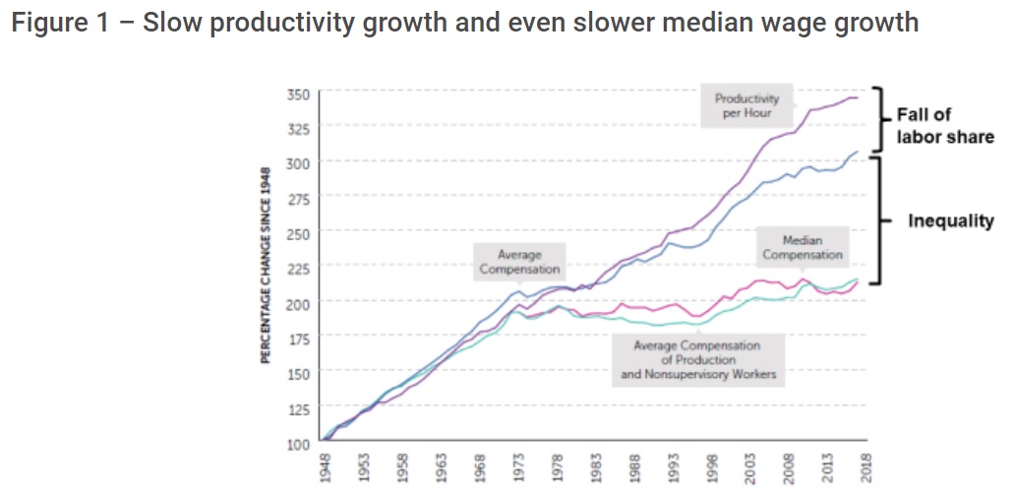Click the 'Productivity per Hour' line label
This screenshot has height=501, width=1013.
[x=746, y=105]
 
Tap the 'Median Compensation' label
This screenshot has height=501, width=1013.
[x=802, y=247]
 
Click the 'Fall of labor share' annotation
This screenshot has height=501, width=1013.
[x=943, y=126]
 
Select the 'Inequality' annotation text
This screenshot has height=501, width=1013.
[x=950, y=220]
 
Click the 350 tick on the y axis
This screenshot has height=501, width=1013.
[x=297, y=94]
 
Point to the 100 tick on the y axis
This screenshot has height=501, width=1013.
[x=297, y=443]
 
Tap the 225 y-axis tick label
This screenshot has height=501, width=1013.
[x=297, y=269]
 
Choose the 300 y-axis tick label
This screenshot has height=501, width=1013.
[x=297, y=163]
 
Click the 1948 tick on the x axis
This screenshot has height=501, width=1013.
[x=326, y=469]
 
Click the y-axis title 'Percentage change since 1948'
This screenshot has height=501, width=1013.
[x=265, y=267]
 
